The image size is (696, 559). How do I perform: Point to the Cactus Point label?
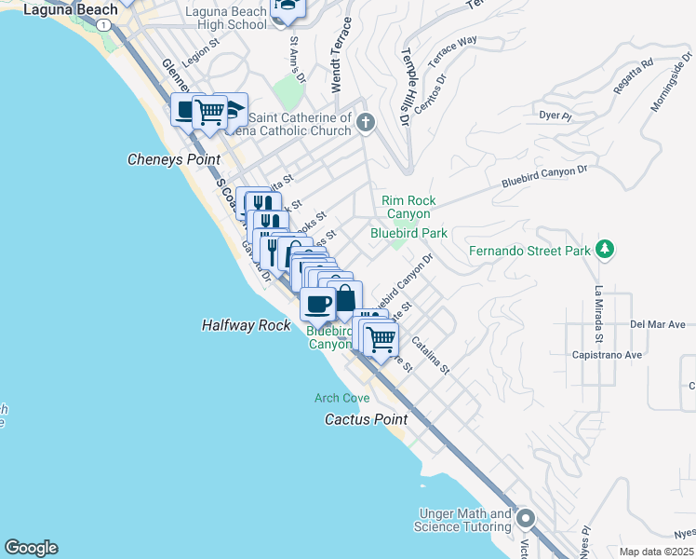pos(366,419)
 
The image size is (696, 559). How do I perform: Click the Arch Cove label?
pos(341,398)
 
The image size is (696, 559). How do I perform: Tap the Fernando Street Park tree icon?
pos(606,250)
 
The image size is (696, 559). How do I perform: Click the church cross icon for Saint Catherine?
pos(366,121)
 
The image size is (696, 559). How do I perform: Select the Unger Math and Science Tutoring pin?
pos(526,518)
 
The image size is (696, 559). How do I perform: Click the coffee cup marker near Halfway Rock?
pos(317,304)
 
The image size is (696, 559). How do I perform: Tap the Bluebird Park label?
pos(409,233)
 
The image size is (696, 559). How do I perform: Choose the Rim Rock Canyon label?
pos(409,207)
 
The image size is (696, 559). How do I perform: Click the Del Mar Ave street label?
pos(657,324)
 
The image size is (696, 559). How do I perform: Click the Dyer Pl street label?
pos(555,116)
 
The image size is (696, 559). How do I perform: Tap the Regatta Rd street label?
pos(634,77)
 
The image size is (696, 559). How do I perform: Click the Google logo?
pos(31,548)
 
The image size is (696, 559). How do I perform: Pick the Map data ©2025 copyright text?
pos(657,552)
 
